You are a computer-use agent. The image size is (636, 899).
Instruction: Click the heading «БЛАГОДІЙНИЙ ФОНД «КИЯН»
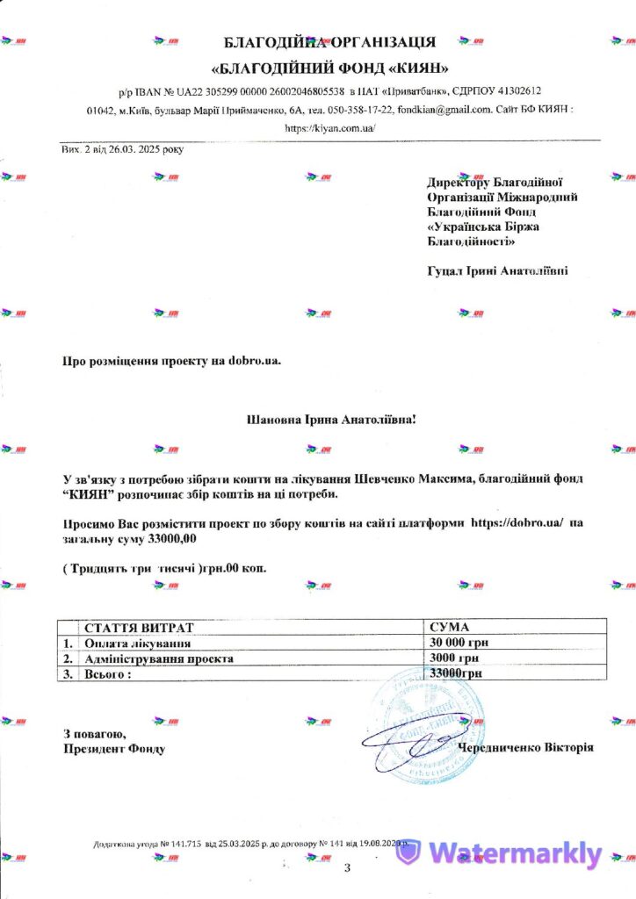click(331, 68)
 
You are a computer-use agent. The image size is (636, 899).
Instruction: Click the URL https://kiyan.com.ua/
click(330, 128)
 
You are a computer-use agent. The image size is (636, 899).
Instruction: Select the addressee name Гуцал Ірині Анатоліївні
click(497, 271)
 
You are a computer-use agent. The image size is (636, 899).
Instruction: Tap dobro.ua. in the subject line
click(256, 360)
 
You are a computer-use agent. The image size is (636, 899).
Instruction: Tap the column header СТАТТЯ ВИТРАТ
click(136, 627)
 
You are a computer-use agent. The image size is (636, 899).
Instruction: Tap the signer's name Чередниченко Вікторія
click(525, 747)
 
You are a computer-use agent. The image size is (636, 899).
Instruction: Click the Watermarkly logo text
click(516, 853)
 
